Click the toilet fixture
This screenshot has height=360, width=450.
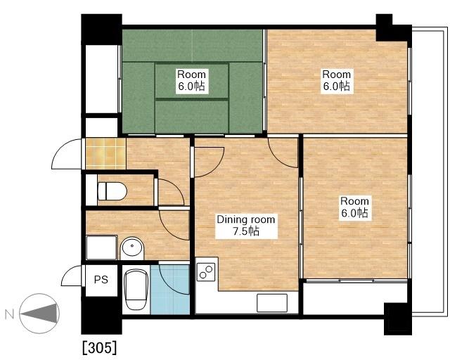[x=112, y=191]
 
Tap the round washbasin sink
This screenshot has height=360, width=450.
[x=132, y=247]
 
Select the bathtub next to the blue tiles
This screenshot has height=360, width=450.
[x=136, y=290]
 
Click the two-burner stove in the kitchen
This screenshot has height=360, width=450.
[x=206, y=271]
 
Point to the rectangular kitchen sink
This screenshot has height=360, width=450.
[x=272, y=303]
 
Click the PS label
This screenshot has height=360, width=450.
[x=101, y=279]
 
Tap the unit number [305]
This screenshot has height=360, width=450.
[x=100, y=347]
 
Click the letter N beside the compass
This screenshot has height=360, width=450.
[x=9, y=315]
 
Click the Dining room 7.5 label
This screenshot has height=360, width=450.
[x=246, y=226]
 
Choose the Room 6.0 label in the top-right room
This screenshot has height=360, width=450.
[x=337, y=80]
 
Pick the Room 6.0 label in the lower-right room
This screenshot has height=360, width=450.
[x=354, y=207]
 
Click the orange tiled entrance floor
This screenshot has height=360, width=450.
[x=105, y=154]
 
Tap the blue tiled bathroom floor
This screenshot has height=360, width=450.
[x=170, y=290]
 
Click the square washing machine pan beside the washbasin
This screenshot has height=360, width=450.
[x=101, y=247]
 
